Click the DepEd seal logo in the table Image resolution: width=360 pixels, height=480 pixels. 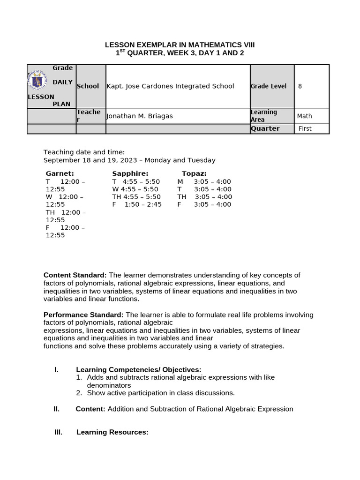pos(37,81)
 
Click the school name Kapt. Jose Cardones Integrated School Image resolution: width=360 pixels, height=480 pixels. pos(170,86)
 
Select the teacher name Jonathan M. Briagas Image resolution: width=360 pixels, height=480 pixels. pos(140,116)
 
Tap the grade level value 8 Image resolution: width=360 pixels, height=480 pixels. pos(300,86)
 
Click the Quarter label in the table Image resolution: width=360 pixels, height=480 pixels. pos(265,128)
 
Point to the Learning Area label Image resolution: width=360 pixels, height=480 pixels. pos(264,116)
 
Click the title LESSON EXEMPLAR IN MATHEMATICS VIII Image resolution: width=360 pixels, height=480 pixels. pos(180,45)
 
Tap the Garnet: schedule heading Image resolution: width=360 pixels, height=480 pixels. pos(60,173)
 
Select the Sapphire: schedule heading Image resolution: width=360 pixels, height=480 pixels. pos(130,173)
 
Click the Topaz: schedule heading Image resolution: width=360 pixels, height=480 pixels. pos(194,173)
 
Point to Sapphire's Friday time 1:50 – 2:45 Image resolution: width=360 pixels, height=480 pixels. pos(143,204)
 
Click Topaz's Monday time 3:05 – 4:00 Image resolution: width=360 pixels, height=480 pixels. pos(212,181)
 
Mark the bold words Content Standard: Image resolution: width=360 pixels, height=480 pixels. pos(75,275)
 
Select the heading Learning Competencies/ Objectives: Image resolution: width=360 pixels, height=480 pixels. pos(139,370)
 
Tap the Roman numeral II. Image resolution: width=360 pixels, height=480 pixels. pos(56,409)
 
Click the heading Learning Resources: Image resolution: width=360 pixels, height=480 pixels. pos(112,432)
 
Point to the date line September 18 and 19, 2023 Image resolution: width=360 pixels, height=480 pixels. pos(129,160)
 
